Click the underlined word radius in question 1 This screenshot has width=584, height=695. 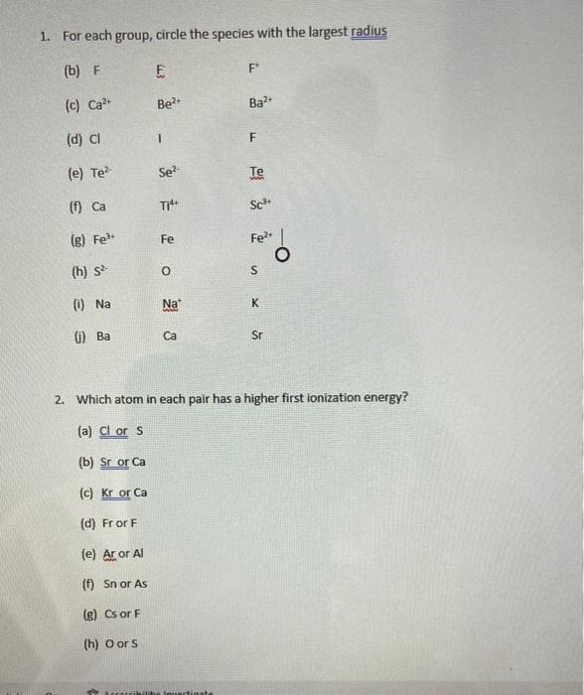tap(368, 34)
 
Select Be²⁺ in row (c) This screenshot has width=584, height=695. tap(166, 102)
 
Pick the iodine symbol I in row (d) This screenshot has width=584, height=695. tap(160, 138)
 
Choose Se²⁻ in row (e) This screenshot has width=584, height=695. tap(168, 172)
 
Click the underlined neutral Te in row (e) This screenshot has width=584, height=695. tap(257, 172)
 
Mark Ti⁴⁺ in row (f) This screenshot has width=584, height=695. tap(167, 206)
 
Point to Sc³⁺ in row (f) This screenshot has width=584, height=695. tap(260, 206)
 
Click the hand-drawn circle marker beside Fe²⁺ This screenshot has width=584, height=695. tap(285, 255)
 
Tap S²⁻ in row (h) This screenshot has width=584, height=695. tap(103, 271)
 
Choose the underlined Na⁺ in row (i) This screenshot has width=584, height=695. tap(168, 305)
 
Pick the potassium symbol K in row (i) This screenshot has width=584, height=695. tap(255, 305)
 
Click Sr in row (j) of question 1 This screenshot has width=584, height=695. tap(256, 338)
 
